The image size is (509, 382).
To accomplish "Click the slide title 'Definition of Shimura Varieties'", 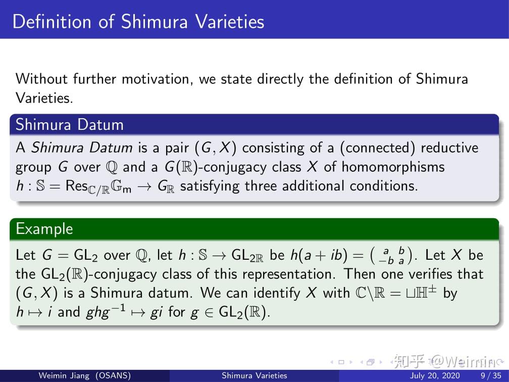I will pyautogui.click(x=138, y=21).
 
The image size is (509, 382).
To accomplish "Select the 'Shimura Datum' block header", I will pyautogui.click(x=69, y=124).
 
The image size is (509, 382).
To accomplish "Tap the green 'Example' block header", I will pyautogui.click(x=44, y=229).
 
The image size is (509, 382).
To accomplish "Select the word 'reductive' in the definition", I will pyautogui.click(x=449, y=148).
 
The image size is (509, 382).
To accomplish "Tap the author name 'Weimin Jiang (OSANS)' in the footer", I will pyautogui.click(x=85, y=375).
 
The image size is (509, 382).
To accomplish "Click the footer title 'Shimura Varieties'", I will pyautogui.click(x=254, y=375).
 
